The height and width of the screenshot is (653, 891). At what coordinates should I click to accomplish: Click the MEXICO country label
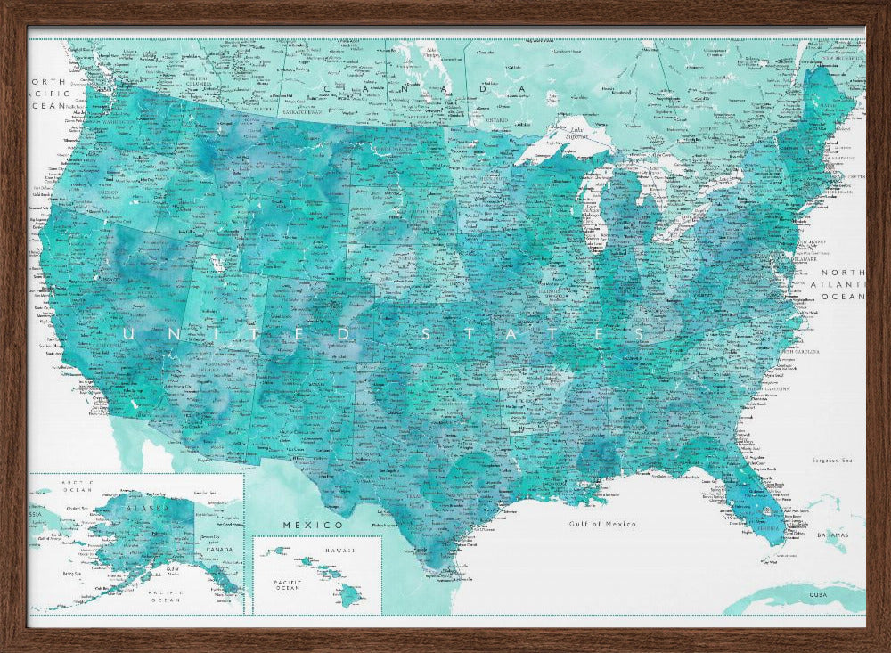click(x=313, y=526)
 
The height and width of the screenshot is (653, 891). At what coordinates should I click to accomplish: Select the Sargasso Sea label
click(x=834, y=461)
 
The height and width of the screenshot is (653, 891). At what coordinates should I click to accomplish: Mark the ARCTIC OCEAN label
click(x=76, y=486)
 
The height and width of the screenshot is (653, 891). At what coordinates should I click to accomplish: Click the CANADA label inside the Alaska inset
click(x=218, y=549)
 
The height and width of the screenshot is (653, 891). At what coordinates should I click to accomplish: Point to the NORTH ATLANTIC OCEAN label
click(x=842, y=284)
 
